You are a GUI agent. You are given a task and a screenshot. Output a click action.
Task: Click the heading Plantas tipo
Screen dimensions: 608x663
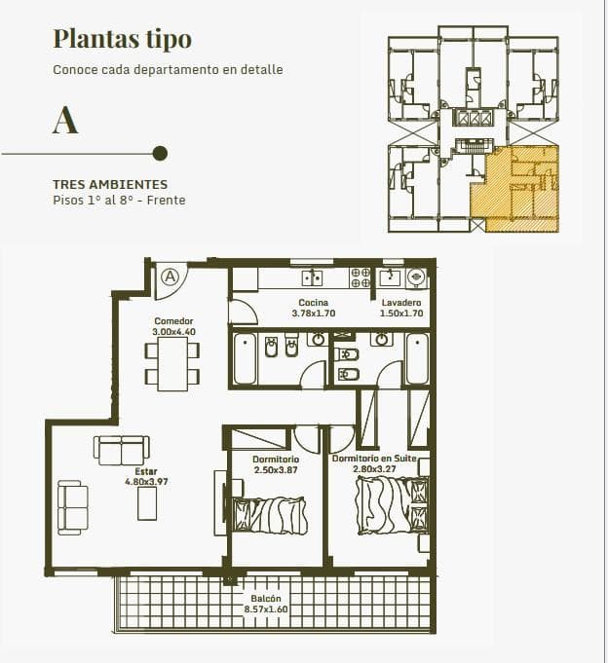(x=122, y=40)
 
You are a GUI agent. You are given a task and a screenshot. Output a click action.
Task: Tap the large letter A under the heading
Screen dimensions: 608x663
(x=65, y=120)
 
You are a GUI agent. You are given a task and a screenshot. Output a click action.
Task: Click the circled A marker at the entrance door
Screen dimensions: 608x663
(x=171, y=276)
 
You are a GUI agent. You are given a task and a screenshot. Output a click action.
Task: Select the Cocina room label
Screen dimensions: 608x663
(x=313, y=303)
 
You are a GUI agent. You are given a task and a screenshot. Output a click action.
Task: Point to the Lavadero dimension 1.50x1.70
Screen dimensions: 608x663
(x=401, y=313)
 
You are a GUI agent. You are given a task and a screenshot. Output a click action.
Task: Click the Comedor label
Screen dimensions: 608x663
(x=173, y=321)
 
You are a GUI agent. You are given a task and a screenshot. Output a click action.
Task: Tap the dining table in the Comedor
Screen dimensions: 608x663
(x=172, y=364)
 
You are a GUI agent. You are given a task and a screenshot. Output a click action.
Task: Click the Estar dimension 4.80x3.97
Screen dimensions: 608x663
(x=146, y=482)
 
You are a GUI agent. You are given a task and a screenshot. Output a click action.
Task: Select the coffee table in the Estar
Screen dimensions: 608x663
(x=147, y=503)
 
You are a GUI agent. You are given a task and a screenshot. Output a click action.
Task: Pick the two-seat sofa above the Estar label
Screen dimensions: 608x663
(x=122, y=450)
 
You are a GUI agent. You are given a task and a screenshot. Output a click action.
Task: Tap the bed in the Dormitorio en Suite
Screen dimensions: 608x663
(x=392, y=505)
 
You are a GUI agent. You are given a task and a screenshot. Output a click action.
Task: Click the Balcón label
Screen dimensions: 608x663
(x=266, y=599)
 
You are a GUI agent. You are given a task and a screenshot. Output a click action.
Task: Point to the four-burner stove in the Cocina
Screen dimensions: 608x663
(x=361, y=277)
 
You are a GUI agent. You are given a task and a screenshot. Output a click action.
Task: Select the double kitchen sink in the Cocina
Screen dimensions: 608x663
(x=312, y=277)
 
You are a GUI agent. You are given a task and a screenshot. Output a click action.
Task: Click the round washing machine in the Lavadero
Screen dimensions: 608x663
(x=415, y=277)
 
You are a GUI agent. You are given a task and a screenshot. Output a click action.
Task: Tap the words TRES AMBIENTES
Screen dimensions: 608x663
(x=110, y=184)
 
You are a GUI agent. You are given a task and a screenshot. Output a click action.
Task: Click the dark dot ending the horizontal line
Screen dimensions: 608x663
(x=160, y=153)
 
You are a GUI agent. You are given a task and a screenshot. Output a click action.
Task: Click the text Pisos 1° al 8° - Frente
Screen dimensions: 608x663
(x=119, y=200)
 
